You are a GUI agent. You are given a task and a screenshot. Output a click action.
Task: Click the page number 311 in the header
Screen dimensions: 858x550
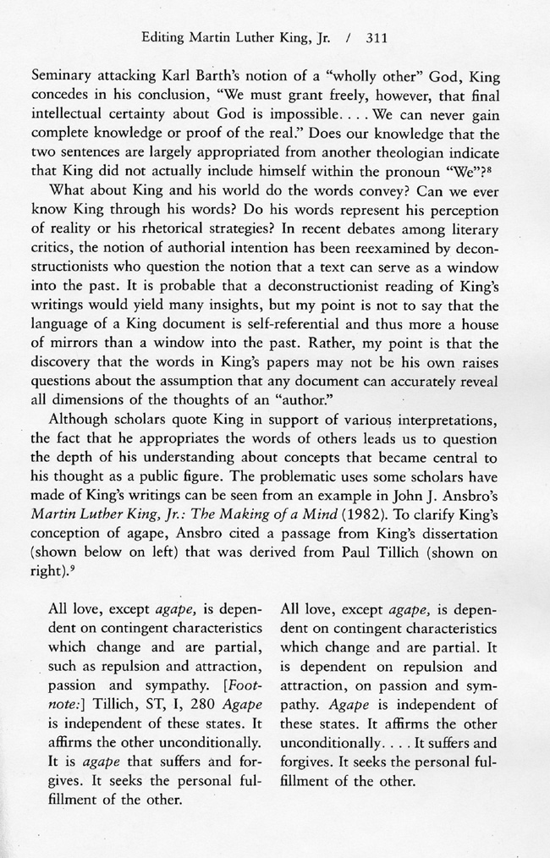point(377,37)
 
